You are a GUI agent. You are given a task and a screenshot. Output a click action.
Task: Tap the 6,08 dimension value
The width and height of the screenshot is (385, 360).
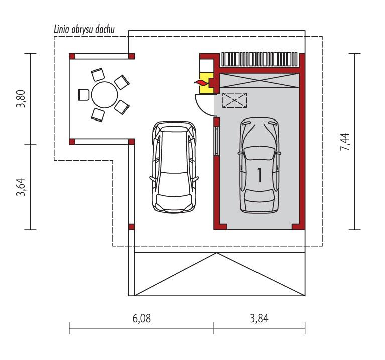point(141,318)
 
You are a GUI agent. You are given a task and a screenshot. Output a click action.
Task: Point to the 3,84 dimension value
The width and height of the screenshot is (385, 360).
point(259,318)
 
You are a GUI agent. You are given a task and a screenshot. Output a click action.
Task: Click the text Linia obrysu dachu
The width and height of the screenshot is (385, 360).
point(85,30)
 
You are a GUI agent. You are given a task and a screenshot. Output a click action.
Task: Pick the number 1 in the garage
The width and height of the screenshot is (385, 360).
point(259,175)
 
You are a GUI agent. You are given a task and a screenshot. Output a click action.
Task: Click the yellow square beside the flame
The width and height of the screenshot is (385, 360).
point(204,88)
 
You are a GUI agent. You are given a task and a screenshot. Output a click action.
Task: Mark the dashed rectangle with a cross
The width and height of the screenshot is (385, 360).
point(235,100)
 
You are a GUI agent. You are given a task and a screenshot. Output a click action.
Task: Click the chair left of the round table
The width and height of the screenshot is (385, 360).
point(83,94)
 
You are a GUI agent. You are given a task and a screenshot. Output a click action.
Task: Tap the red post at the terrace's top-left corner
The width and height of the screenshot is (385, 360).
point(72,56)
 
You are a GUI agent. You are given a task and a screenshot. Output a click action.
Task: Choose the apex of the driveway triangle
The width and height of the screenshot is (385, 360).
point(216,254)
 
